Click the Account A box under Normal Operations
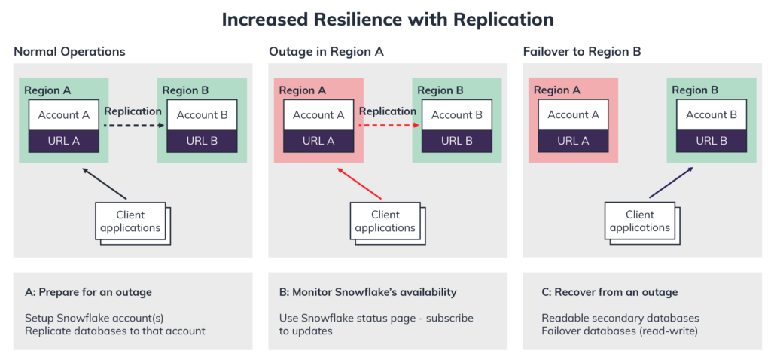63,115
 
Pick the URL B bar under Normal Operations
202,141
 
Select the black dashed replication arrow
133,127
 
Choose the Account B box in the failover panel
712,115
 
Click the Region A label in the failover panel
557,90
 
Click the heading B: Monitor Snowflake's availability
363,292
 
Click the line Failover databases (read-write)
619,331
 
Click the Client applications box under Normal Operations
130,221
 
